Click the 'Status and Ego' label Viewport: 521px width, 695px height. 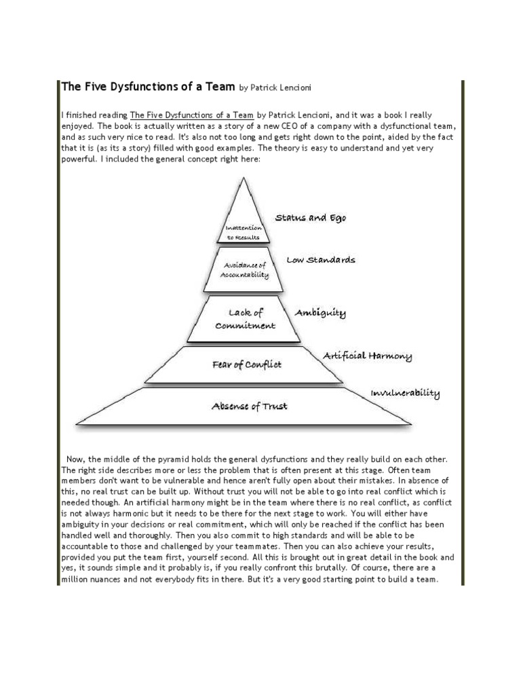coord(310,219)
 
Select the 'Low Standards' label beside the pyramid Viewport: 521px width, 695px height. coord(320,260)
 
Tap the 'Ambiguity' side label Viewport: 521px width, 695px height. coord(320,313)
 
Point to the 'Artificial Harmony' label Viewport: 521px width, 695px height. coord(367,356)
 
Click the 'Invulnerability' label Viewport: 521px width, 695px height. coord(405,394)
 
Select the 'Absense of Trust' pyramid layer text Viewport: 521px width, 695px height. coord(249,407)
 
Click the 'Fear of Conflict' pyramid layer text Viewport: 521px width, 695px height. coord(246,364)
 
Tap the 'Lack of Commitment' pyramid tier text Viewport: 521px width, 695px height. coord(245,319)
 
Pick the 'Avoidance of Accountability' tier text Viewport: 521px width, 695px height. coord(244,270)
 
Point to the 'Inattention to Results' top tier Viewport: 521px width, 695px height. coord(244,233)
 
